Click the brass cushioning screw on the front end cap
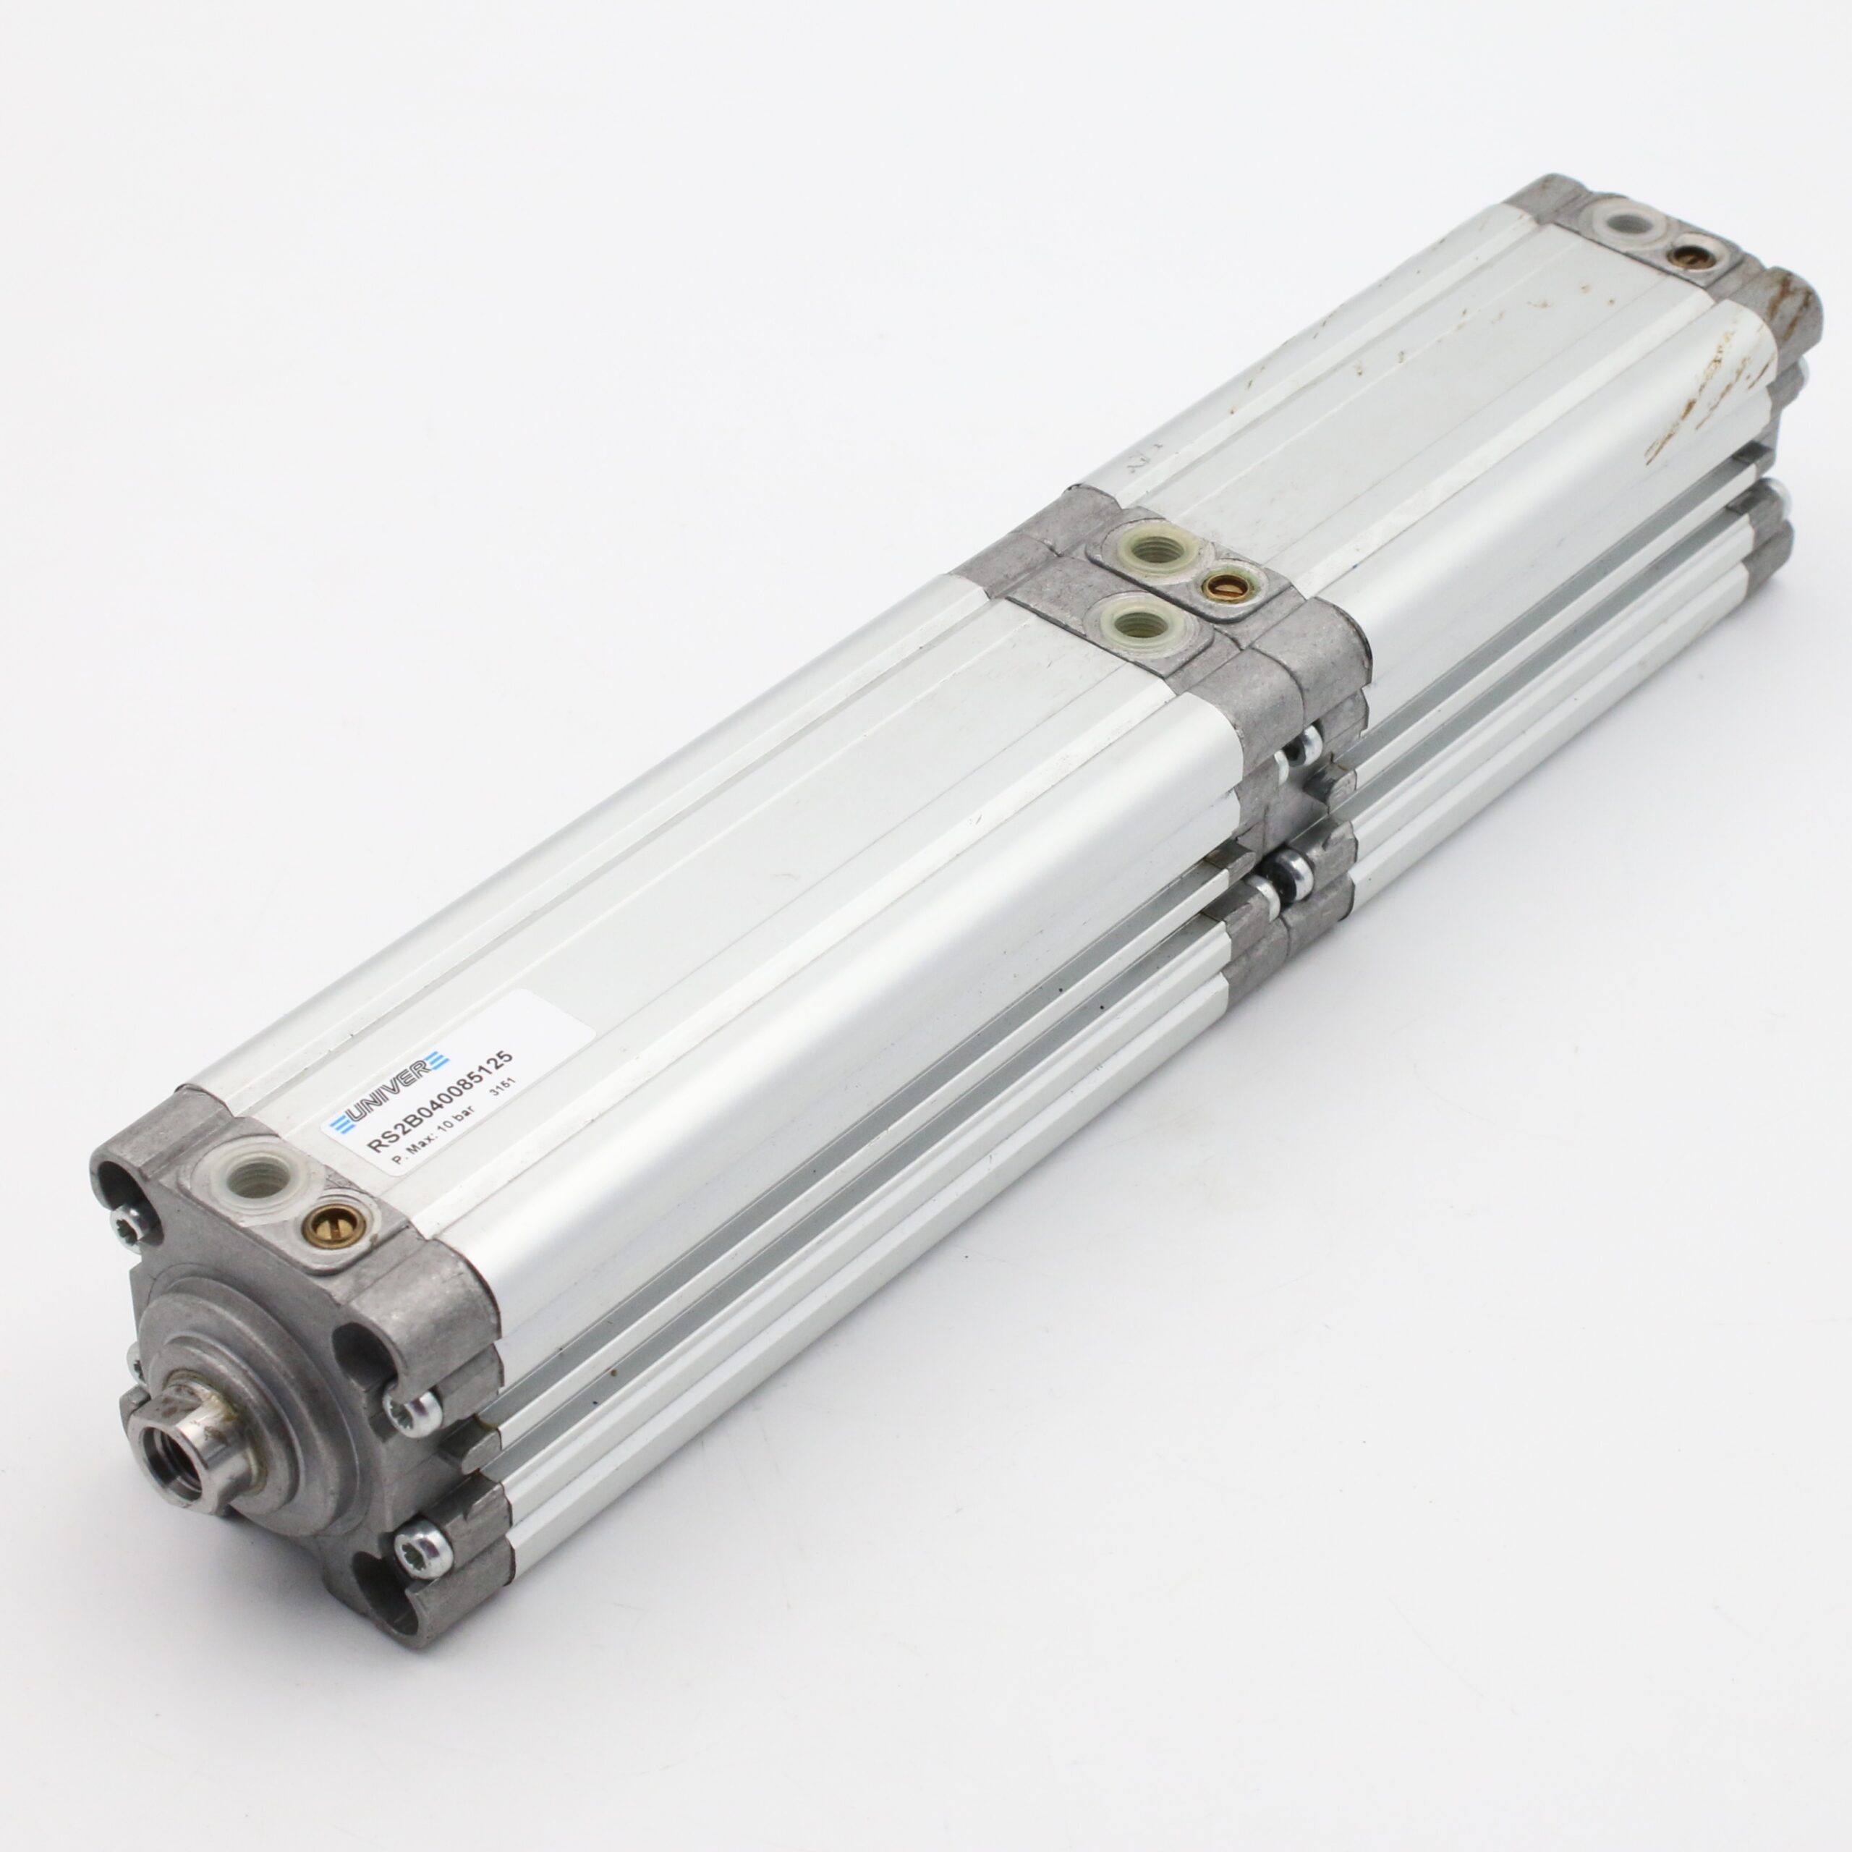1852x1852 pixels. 322,1221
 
